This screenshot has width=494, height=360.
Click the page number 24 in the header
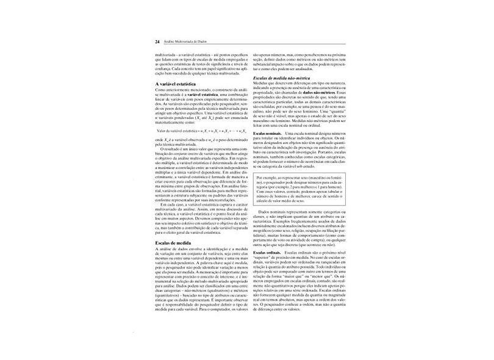[x=158, y=42]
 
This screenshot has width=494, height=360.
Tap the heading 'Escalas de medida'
[x=174, y=243]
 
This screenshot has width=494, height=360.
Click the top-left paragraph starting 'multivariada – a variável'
[x=200, y=63]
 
